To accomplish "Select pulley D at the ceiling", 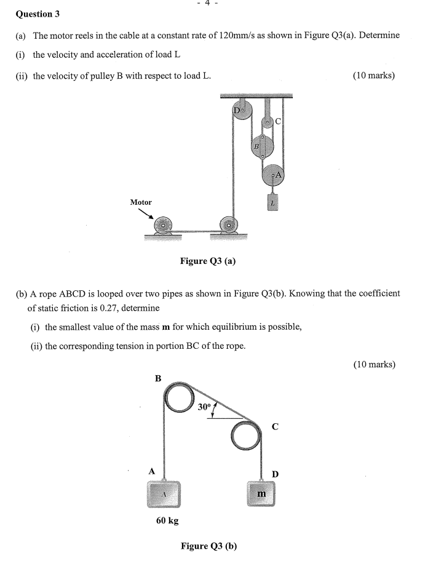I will (x=241, y=111).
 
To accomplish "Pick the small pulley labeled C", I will (x=268, y=122).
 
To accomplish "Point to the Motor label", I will (x=141, y=202).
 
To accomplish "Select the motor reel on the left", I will (x=163, y=225).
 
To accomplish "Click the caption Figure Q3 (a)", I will (x=207, y=261).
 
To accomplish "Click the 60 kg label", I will (x=167, y=521).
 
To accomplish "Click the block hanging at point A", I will (x=163, y=493).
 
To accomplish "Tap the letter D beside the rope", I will (x=275, y=474).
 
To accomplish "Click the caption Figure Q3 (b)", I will (x=209, y=546).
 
